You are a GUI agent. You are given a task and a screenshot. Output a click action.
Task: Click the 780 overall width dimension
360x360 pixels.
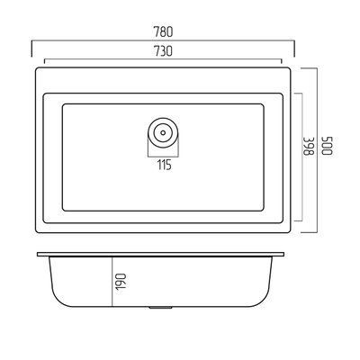point(163,32)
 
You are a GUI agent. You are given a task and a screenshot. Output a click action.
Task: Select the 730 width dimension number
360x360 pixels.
point(163,51)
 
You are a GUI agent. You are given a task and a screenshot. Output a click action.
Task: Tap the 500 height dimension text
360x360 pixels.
point(328,146)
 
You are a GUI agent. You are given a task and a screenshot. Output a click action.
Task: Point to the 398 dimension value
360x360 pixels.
point(308,147)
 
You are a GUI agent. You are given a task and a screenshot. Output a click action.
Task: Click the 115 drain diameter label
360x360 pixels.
point(165,165)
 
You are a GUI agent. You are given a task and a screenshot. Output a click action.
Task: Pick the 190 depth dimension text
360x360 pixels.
point(121,282)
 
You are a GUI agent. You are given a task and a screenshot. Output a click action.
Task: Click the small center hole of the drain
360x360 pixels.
point(163,132)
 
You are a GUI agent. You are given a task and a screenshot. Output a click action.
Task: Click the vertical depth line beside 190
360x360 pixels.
point(112,282)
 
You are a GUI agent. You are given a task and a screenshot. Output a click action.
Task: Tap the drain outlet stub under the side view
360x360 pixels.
point(160,308)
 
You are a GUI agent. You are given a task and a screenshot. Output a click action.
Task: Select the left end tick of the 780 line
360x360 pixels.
point(31,48)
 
